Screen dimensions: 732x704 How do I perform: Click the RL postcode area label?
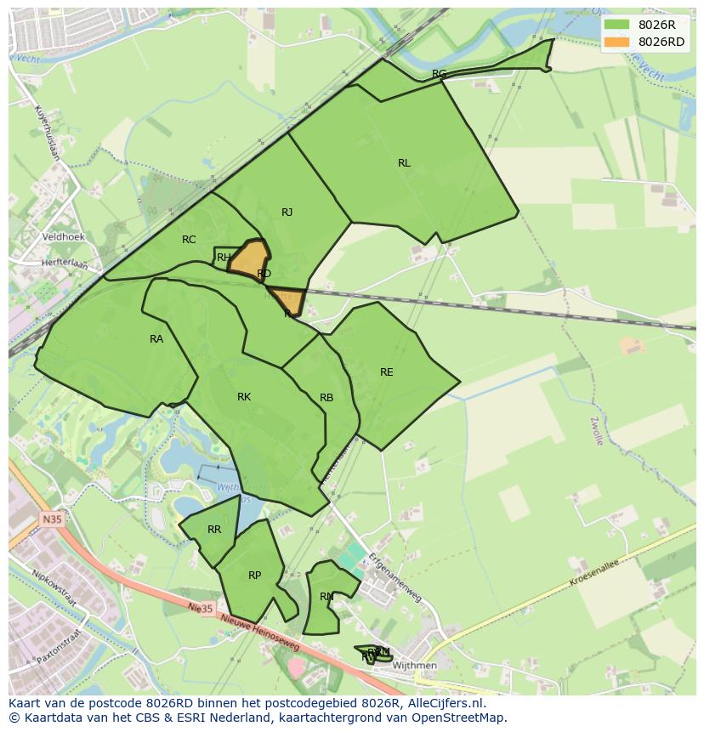point(404,163)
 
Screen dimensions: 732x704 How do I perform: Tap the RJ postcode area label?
point(287,213)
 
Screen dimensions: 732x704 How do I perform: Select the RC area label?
point(189,240)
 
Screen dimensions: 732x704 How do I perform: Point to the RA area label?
point(156,339)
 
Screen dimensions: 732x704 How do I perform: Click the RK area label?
point(244,397)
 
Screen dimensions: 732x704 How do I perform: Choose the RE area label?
point(387,372)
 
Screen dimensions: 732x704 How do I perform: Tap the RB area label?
point(326,398)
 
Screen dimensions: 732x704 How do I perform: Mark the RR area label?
point(214,530)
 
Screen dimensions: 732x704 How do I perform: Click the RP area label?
point(254,576)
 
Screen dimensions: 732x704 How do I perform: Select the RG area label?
point(439,74)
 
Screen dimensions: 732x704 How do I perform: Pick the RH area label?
point(224,258)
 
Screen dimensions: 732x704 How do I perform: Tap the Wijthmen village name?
point(417,666)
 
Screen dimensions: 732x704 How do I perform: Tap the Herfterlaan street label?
point(65,264)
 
